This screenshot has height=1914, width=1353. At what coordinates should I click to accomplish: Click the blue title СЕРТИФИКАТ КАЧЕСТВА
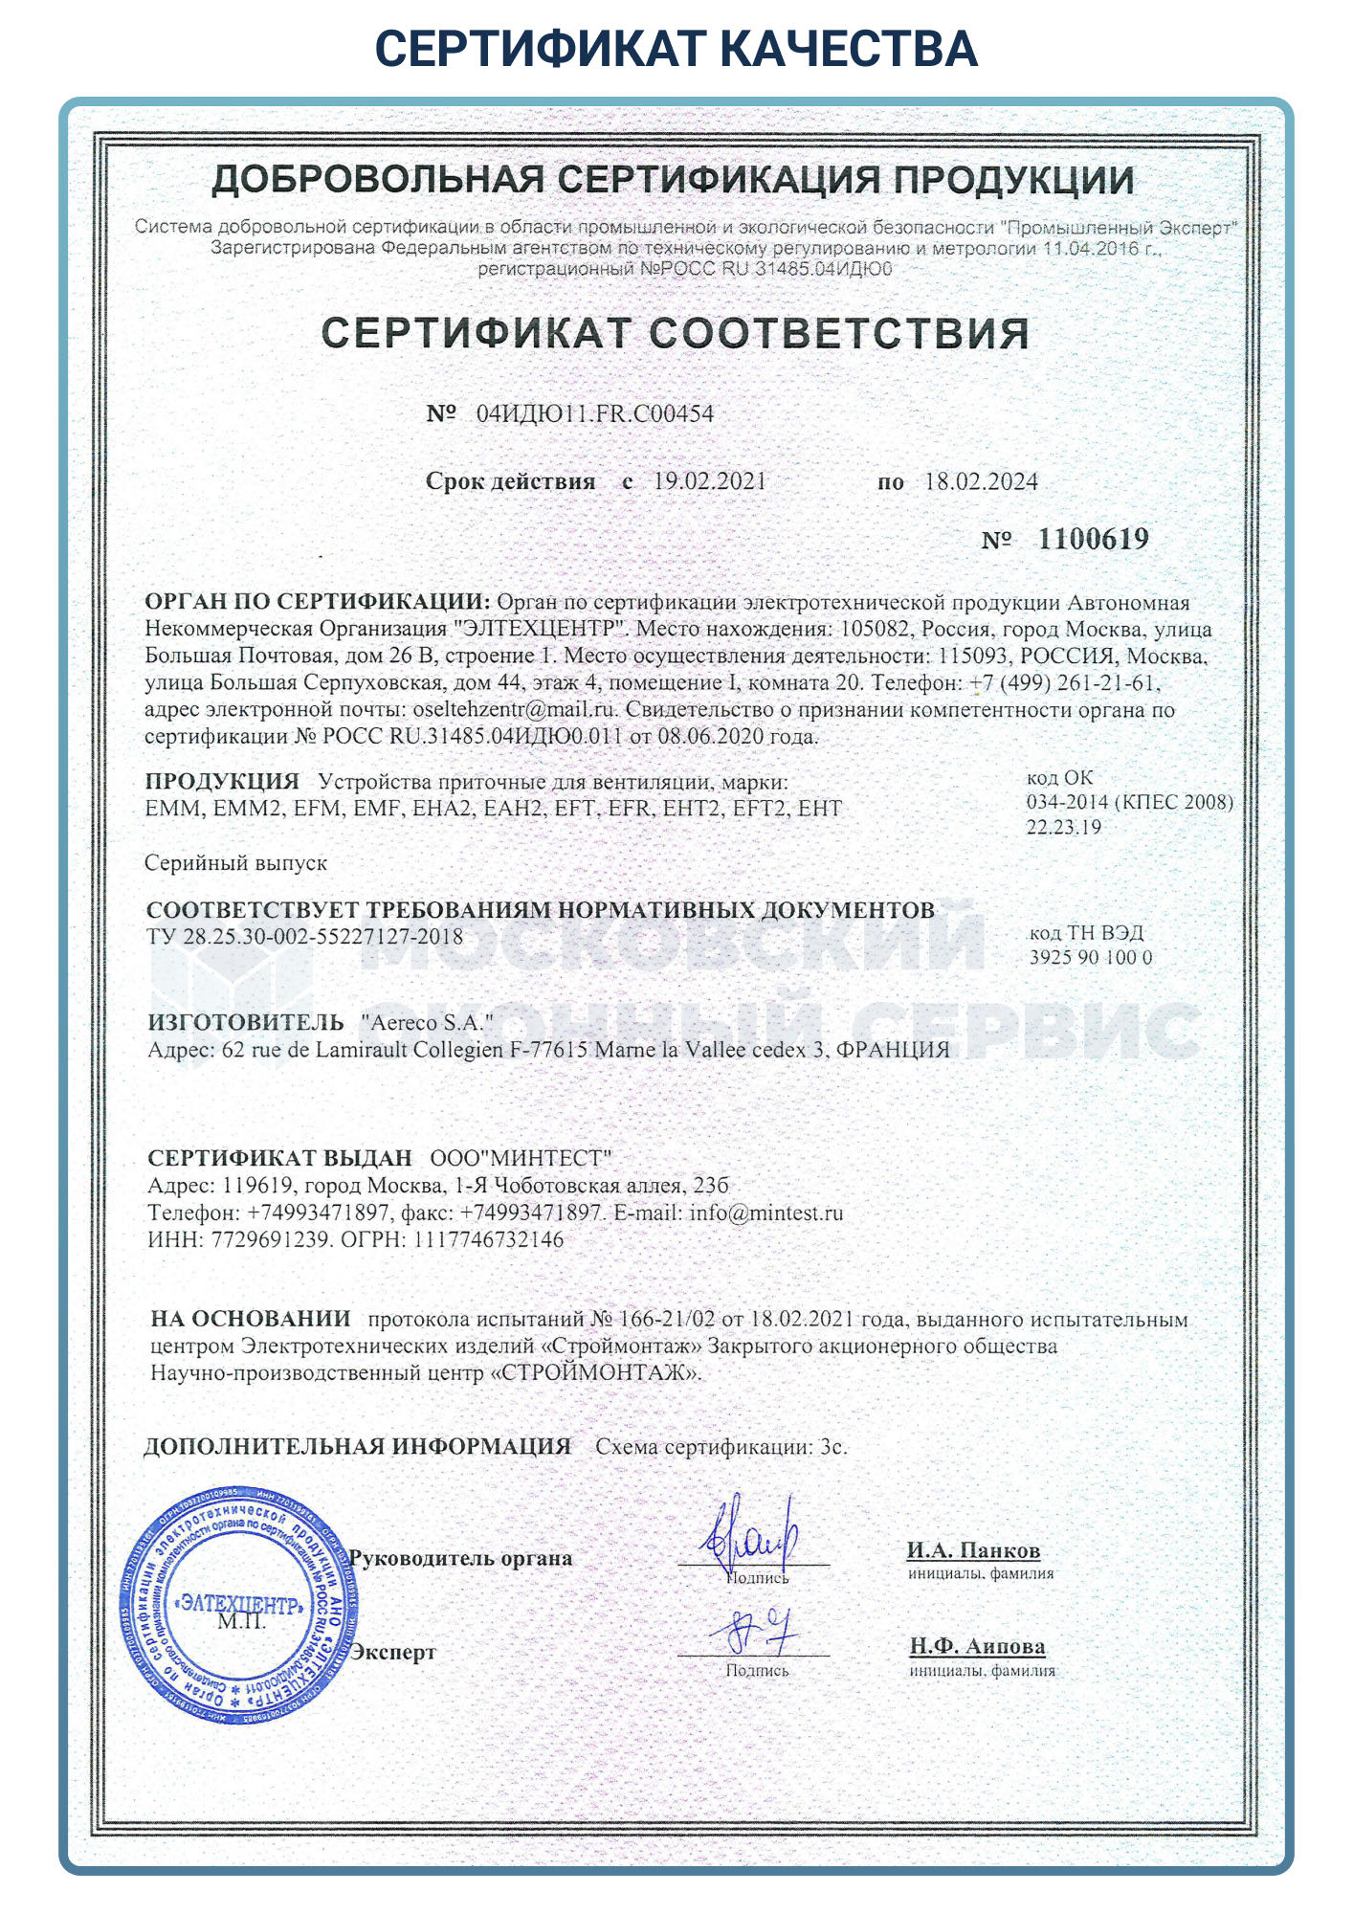(x=676, y=48)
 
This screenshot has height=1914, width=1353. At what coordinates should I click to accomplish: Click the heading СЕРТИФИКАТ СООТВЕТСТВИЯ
(x=676, y=333)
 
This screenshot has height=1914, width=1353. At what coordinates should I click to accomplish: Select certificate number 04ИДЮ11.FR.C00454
(x=595, y=413)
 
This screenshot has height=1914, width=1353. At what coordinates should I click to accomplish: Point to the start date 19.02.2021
(x=710, y=481)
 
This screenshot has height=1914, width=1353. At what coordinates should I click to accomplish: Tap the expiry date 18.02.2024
(x=981, y=481)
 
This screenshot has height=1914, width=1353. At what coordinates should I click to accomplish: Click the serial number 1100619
(x=1093, y=539)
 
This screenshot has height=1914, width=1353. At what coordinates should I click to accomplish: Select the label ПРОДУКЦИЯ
(x=222, y=781)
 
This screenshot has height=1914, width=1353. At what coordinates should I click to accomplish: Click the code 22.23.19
(x=1064, y=828)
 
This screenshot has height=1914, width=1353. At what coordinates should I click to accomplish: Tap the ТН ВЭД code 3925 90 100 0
(x=1091, y=957)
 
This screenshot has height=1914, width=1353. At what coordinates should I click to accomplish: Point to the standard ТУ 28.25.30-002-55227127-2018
(x=305, y=936)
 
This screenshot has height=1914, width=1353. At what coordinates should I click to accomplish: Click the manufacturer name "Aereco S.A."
(x=427, y=1022)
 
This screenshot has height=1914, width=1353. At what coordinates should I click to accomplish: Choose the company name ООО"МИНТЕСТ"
(x=521, y=1158)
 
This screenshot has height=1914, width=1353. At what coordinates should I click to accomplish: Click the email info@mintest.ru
(x=766, y=1213)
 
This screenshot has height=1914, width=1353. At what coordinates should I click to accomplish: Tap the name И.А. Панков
(x=973, y=1550)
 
